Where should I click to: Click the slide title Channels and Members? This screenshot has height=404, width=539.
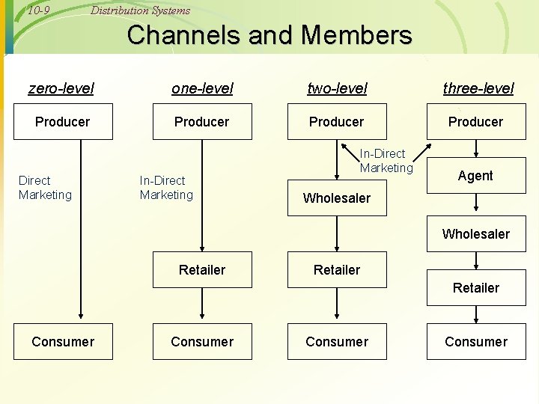269,35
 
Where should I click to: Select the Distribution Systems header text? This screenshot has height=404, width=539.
140,10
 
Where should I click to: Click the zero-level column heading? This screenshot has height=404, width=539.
61,88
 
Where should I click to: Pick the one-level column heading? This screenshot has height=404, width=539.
202,88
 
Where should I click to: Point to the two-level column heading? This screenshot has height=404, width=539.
337,88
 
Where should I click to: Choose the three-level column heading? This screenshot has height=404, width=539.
478,88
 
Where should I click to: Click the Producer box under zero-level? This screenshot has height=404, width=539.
63,122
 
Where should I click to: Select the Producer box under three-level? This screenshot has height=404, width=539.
476,122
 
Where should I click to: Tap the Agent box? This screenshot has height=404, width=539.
476,176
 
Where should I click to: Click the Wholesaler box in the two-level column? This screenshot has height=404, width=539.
337,198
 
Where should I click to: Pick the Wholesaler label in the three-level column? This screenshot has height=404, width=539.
476,234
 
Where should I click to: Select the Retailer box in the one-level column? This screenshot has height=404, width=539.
202,270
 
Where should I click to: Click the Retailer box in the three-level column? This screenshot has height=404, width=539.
476,288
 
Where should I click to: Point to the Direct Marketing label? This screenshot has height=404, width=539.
45,188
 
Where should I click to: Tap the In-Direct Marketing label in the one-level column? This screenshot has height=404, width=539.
166,188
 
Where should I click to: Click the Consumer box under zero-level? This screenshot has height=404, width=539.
63,342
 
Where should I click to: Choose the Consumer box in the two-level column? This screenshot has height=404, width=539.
337,342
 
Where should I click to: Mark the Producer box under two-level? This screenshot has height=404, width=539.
337,122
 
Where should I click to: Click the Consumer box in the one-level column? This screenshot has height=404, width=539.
202,342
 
